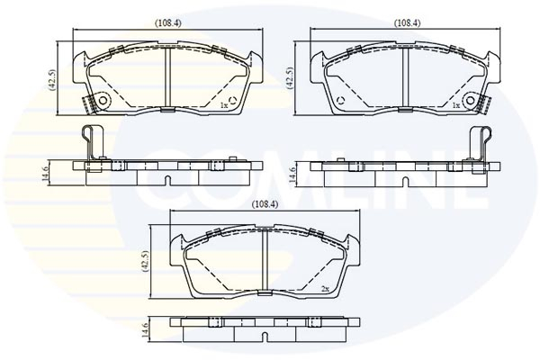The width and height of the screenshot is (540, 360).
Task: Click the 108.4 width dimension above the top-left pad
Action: coord(167,23)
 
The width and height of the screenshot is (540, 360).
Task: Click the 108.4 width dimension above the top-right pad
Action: coord(407,23)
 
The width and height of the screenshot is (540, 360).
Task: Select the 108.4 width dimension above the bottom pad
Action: coord(265,204)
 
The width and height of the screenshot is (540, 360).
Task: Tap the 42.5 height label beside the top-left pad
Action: coord(53,80)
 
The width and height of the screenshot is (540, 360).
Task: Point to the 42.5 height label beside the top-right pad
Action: coord(290,78)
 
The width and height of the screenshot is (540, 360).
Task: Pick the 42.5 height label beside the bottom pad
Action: coord(145,262)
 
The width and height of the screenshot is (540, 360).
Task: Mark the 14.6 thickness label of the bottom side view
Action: coord(145,329)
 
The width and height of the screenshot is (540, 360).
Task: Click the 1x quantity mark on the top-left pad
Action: coord(224,105)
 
